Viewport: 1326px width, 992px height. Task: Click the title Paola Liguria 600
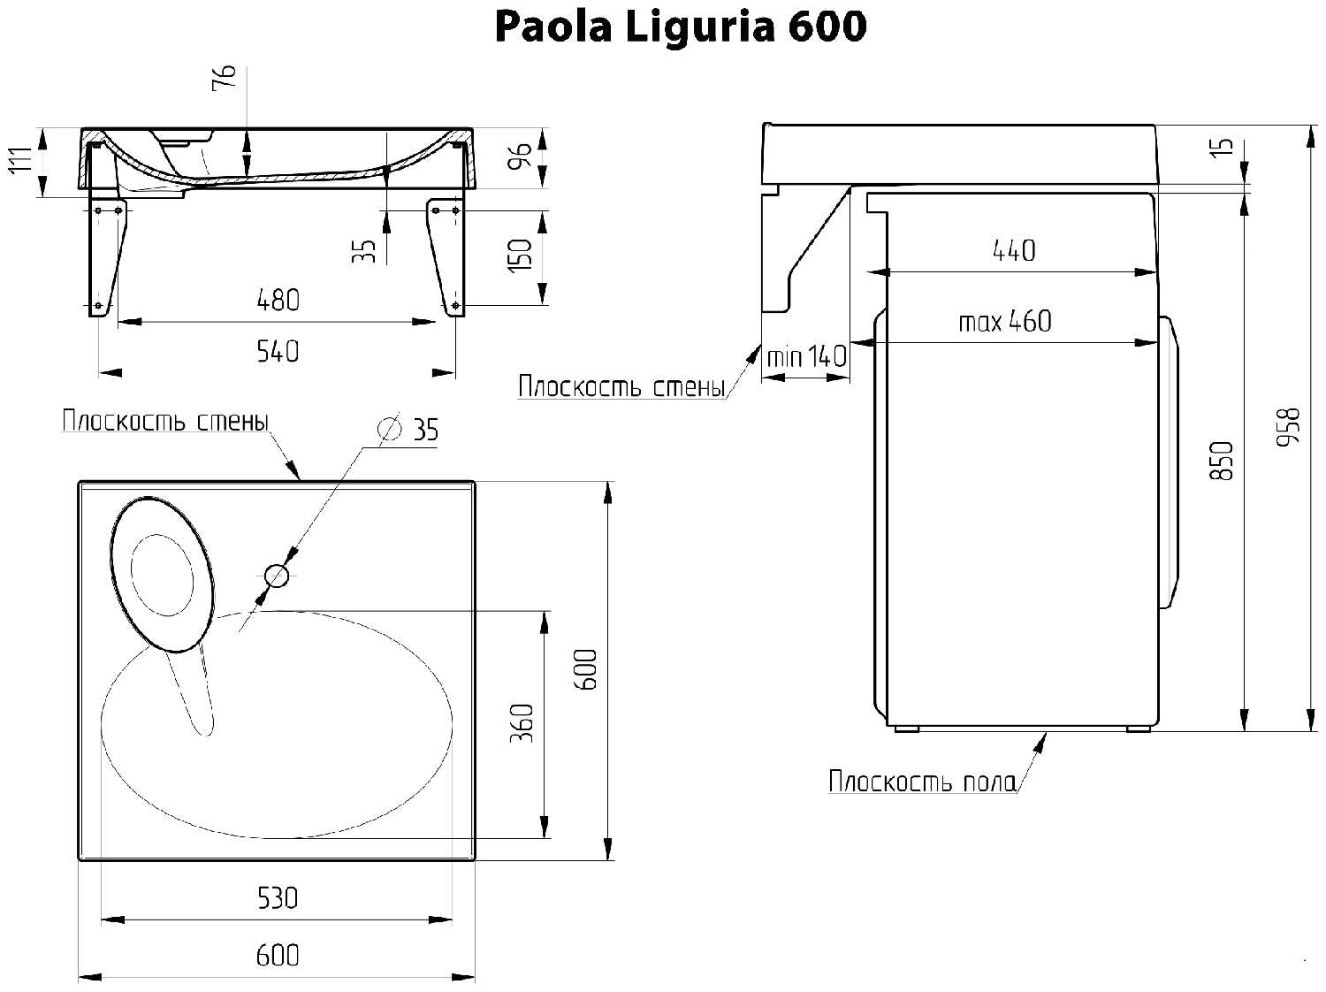pos(681,27)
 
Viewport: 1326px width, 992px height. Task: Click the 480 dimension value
pos(278,301)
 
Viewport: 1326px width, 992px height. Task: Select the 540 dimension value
pos(278,352)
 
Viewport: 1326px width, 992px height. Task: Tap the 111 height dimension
pos(22,160)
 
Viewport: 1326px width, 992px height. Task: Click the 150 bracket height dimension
pos(520,256)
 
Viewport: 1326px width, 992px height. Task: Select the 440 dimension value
pos(1014,251)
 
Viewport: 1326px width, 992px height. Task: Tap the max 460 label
pos(1005,322)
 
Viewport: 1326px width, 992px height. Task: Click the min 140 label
pos(806,357)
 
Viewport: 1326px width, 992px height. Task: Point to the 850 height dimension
pos(1221,461)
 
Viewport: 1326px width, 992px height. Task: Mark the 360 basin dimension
pos(522,723)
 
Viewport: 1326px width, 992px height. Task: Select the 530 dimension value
pos(278,898)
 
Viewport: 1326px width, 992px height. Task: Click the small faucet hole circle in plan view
pos(277,576)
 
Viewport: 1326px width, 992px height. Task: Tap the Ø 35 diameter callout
pos(408,430)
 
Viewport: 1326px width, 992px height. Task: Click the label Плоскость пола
pos(921,782)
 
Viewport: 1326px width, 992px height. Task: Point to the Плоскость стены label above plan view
pos(165,421)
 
